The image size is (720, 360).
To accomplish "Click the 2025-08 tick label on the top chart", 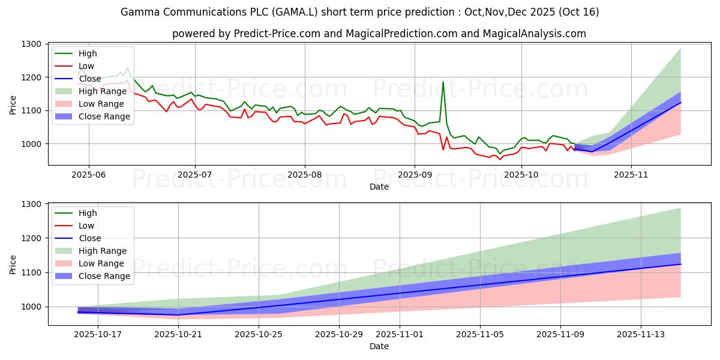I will [x=304, y=175].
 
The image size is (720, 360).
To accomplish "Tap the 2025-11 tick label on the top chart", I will [x=631, y=175].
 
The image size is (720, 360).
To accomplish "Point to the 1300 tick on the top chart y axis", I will [x=31, y=44].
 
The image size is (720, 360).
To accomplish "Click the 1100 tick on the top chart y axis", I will [x=31, y=111].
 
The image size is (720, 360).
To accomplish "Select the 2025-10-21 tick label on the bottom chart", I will [x=178, y=335].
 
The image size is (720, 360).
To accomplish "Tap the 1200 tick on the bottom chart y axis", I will [x=31, y=239].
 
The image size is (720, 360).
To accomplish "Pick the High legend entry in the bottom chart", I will [x=88, y=213].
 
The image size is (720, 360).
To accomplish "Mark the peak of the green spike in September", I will [x=443, y=82].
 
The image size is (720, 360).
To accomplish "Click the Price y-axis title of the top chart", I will [x=13, y=104].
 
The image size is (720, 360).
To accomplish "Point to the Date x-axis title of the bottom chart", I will [x=379, y=346].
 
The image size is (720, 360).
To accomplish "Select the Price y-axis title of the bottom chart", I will [x=13, y=264].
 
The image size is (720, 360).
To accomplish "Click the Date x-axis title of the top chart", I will [x=379, y=187].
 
